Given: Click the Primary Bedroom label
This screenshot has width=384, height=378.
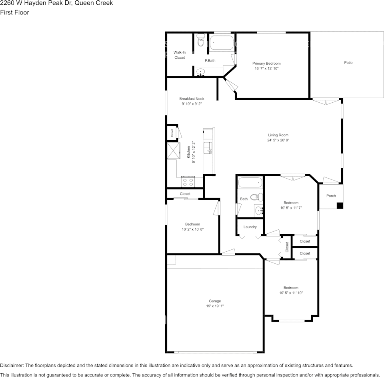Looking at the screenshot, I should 266,63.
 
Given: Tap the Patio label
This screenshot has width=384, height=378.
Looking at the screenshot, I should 348,63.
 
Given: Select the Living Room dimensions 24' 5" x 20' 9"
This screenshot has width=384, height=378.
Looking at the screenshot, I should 278,140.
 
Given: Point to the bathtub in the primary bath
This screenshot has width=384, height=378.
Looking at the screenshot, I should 221,43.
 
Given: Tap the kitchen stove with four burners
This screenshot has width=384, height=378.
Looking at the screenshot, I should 188,182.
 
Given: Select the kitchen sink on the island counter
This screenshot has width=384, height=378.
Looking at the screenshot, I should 208,147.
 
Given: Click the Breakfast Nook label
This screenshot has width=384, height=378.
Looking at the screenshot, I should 192,99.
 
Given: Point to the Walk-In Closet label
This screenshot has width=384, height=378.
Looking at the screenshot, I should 180,55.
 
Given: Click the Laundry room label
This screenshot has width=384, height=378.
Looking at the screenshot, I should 250,227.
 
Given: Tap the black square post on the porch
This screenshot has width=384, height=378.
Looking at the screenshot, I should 340,206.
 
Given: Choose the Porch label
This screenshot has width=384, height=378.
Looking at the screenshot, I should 331,196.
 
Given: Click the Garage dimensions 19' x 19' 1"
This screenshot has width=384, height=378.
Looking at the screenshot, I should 214,306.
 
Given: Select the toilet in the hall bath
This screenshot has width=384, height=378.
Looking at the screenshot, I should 256,197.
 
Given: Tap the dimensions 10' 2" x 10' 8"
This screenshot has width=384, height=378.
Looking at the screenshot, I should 192,229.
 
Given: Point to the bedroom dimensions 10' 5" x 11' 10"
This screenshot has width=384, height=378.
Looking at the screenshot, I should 291,293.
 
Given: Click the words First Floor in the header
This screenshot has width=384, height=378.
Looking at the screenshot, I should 14,12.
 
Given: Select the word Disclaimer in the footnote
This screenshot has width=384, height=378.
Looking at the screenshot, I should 12,365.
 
